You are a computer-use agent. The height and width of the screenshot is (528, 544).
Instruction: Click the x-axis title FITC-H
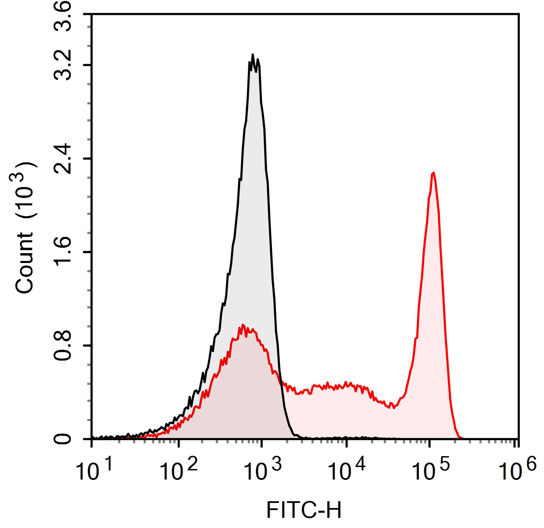[x=304, y=510]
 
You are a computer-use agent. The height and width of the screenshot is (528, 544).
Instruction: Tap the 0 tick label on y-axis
[x=63, y=439]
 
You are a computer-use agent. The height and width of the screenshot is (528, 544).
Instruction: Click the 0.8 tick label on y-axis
[x=63, y=346]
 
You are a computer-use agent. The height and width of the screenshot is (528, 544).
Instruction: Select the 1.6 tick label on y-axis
[x=63, y=252]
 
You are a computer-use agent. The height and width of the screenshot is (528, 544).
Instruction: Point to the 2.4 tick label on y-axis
[x=63, y=159]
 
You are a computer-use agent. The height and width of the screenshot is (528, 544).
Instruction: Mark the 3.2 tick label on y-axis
[x=63, y=65]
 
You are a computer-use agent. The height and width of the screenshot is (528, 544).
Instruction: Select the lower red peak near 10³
[x=243, y=325]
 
